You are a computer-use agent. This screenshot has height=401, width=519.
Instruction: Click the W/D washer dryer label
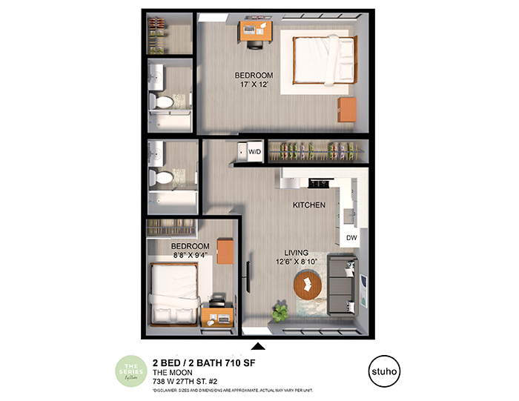click(x=254, y=152)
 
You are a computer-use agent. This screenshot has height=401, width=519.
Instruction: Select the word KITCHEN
click(x=309, y=205)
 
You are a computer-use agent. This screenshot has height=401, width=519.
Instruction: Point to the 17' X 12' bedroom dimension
click(x=254, y=85)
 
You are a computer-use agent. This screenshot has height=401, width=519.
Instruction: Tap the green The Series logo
click(x=131, y=369)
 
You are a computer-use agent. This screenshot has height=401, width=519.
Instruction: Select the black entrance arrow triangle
click(x=259, y=345)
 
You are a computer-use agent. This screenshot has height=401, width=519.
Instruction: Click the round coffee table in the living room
click(x=308, y=285)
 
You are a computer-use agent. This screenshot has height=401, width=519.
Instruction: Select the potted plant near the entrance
click(x=281, y=309)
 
